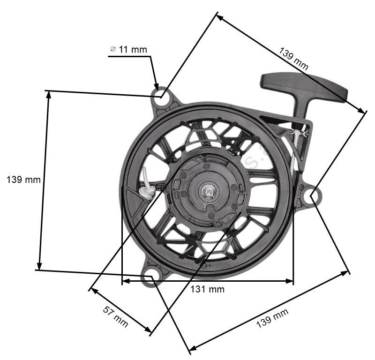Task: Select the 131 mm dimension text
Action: click(x=207, y=289)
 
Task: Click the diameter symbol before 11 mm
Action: click(x=112, y=49)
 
